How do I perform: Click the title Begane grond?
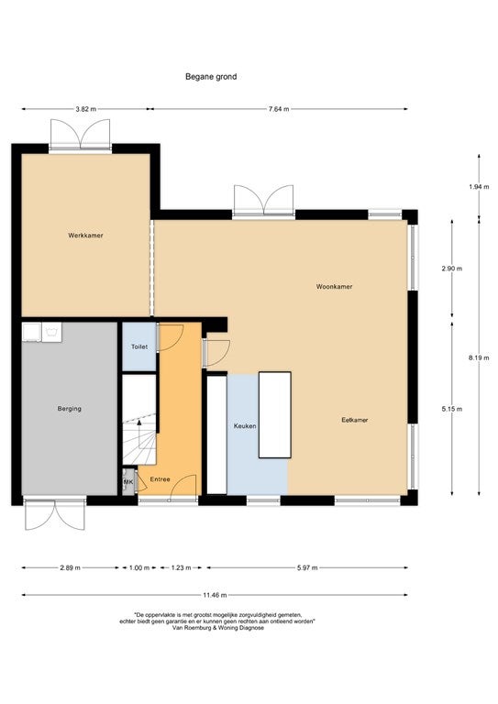coord(211,77)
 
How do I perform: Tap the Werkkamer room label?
coord(86,236)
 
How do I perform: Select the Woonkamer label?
coord(334,286)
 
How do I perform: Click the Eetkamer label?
coord(355,420)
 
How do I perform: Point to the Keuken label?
coord(245,426)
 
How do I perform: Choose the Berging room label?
coord(70,409)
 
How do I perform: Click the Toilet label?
coord(139,347)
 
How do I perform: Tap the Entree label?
coord(160,479)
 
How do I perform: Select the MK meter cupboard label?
coord(129,482)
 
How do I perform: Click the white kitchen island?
coord(275,415)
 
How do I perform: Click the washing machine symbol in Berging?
coord(52,332)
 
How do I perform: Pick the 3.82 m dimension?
coord(86,109)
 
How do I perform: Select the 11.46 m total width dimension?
coord(215,595)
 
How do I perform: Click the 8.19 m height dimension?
coord(479,357)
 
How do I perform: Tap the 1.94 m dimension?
coord(479,187)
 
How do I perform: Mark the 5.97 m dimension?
coord(307,568)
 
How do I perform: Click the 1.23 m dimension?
coord(181,568)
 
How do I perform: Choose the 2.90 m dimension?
coord(452,269)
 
